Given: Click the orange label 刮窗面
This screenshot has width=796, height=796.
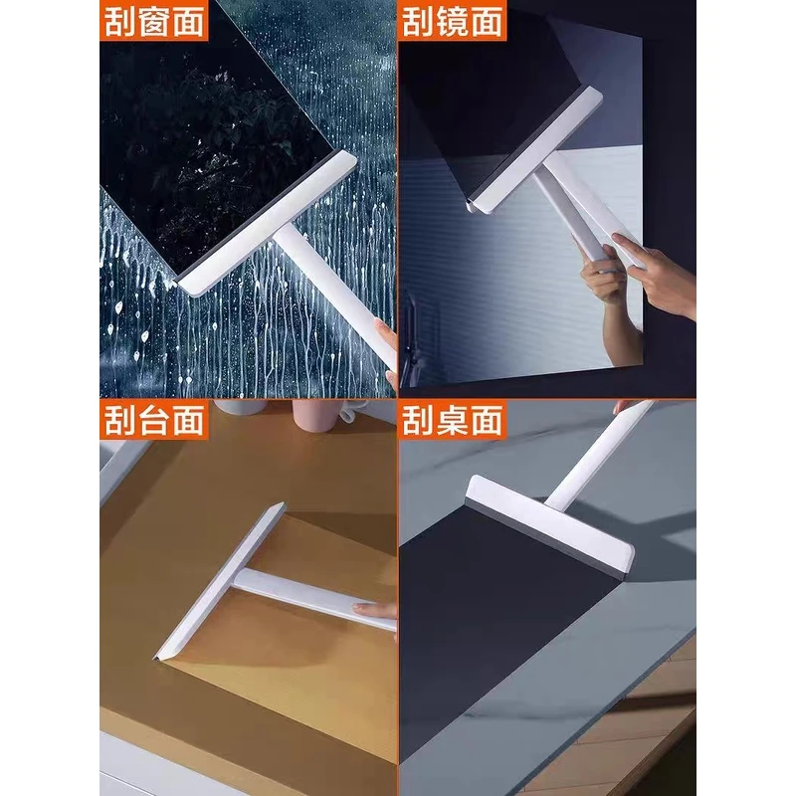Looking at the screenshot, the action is pos(154,20).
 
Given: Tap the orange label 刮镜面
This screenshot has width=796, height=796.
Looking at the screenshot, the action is pos(453,20).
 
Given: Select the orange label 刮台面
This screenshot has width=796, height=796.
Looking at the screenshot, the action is pos(154,419).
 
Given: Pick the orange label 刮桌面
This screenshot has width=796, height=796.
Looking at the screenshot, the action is pos(453,419).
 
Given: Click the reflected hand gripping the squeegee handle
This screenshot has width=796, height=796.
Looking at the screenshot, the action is pos(603,277).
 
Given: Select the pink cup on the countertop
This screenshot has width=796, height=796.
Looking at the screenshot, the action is pos(315,415).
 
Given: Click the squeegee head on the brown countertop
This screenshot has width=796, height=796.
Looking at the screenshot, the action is pos(219,581).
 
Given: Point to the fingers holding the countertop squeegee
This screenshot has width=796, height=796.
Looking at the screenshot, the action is pos(375,611).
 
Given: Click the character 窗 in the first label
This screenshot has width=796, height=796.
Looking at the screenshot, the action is pos(154,21).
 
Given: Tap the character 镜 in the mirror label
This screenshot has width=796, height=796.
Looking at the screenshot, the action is pos(453,21).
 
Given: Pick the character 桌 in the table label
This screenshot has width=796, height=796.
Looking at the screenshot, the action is pos(453,420).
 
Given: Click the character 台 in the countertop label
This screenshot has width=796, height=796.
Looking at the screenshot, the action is pos(154,420).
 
